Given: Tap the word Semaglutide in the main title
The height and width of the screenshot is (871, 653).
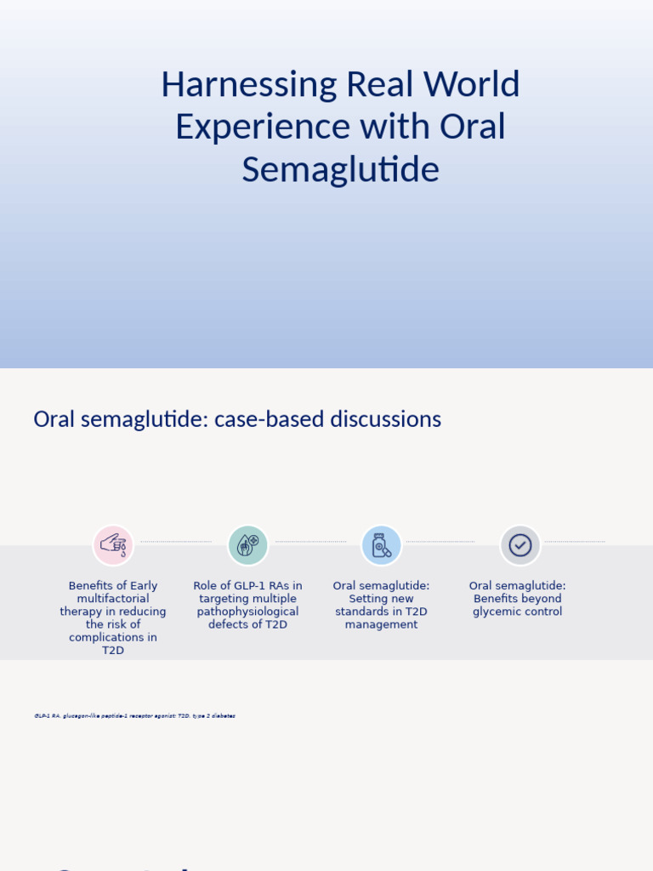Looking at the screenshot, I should (340, 169).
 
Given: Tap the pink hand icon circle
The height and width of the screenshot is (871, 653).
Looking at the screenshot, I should (113, 545).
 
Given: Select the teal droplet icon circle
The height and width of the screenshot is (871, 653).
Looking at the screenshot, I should (247, 545).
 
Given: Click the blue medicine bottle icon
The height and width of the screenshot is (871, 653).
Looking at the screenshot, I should (381, 545).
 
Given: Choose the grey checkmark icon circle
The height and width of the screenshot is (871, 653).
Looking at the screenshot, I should (520, 545).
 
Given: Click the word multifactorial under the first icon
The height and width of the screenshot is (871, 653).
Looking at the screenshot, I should (113, 599).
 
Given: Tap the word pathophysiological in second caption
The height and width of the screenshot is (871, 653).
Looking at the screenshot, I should (247, 612).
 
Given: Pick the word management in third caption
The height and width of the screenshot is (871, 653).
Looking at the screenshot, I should (381, 624).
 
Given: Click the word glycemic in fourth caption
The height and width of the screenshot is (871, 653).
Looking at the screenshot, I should (496, 612).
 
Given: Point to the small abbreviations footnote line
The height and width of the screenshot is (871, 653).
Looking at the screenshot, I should (134, 716).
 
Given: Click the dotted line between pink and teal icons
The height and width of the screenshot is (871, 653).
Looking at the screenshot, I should (175, 542).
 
